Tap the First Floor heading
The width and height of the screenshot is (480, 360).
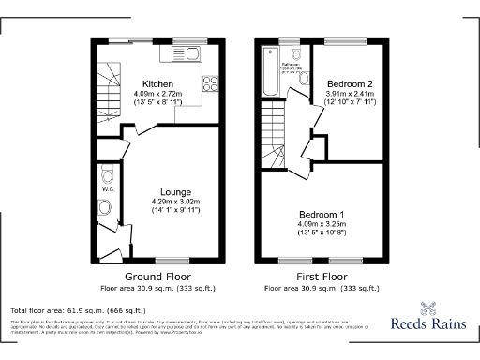pos(320,277)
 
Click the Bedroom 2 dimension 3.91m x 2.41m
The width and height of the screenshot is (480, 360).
pos(351,94)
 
